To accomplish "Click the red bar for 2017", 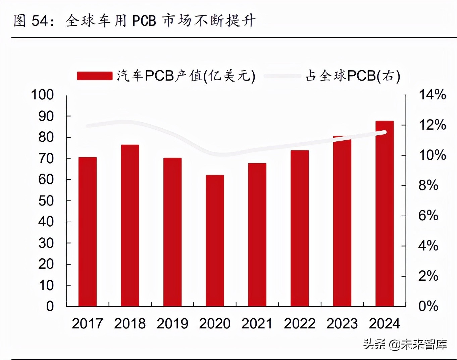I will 88,232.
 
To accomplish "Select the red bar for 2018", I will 130,225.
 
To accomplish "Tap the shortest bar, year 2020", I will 215,240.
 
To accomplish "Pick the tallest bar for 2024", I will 385,214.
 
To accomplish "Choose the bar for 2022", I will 300,228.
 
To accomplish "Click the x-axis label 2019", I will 172,324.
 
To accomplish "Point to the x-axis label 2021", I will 257,324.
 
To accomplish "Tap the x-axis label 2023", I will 342,324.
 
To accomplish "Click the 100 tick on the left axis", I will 42,95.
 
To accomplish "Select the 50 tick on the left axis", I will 46,201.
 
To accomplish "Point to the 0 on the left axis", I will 50,306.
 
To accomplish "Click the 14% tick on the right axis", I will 432,95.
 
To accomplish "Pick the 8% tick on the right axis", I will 428,185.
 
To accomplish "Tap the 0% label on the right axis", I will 428,306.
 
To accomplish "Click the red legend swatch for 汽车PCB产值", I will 94,76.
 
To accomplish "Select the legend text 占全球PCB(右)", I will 353,76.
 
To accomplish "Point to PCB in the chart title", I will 144,21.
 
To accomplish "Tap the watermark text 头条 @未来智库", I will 405,344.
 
